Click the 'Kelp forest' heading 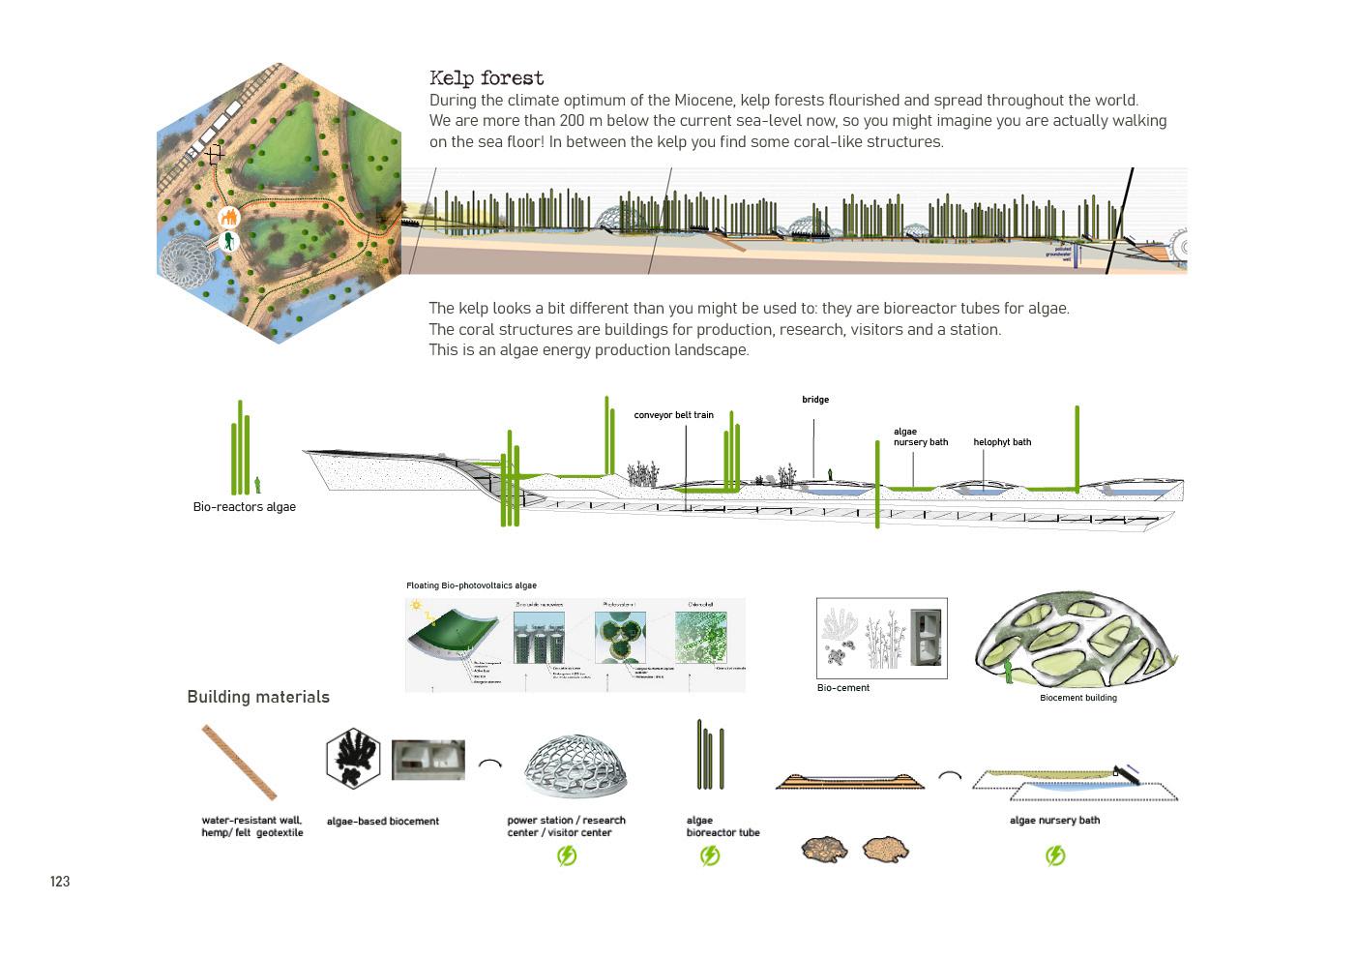(487, 78)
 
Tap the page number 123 (60, 882)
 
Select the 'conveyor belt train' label (673, 415)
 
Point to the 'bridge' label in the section (815, 400)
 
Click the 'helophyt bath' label (1002, 442)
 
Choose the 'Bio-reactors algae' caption (244, 507)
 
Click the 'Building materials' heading (258, 697)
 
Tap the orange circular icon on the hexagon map (229, 218)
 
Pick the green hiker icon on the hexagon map (229, 241)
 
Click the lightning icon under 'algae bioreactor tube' (710, 855)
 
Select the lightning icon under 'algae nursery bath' (1055, 855)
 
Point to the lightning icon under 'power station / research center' (567, 855)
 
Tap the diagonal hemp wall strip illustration (239, 763)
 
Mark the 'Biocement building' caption (1077, 698)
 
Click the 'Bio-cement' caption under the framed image (843, 688)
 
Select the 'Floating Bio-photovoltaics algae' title (471, 585)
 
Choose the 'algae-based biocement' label (383, 822)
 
